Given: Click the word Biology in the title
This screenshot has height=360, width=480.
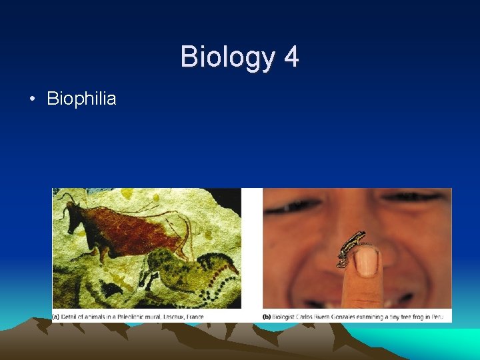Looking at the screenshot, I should [x=225, y=57].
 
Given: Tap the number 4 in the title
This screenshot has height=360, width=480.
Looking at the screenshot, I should [x=291, y=57].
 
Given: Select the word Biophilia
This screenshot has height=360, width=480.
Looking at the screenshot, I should [x=81, y=99].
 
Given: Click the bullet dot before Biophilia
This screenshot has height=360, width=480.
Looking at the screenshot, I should [x=31, y=99].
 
